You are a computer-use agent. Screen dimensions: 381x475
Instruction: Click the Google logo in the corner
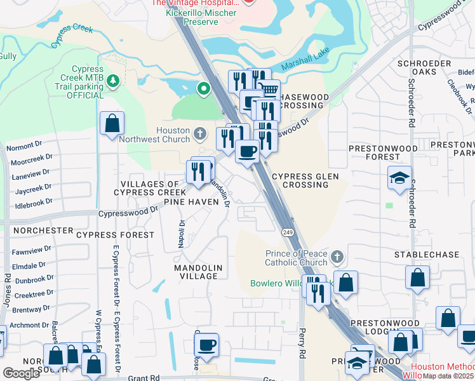click(x=21, y=373)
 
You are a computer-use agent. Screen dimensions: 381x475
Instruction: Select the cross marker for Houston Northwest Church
click(x=200, y=133)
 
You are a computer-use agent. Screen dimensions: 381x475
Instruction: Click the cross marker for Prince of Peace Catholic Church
click(x=337, y=257)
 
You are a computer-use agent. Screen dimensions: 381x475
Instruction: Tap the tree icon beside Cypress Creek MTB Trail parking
click(x=112, y=81)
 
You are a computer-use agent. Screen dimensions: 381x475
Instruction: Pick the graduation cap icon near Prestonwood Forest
click(x=399, y=178)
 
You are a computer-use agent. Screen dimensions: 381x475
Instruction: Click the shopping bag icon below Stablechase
click(x=417, y=277)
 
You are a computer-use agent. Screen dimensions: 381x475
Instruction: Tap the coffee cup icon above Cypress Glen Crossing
click(x=247, y=151)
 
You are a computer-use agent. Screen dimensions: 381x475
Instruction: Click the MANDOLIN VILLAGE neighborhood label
click(x=198, y=272)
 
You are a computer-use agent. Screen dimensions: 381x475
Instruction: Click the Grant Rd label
click(x=144, y=377)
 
